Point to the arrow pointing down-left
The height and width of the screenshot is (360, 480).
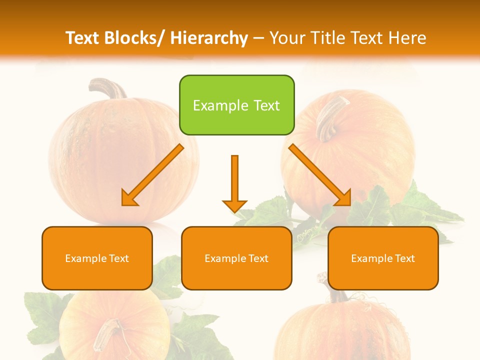[152, 175]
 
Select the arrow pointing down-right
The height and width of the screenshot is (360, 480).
[320, 175]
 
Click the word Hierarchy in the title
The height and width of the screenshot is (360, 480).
[209, 38]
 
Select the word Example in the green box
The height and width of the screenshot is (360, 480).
[213, 106]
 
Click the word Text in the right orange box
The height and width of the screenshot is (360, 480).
[404, 258]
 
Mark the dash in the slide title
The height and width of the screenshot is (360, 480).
[258, 38]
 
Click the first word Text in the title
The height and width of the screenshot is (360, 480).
[83, 38]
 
